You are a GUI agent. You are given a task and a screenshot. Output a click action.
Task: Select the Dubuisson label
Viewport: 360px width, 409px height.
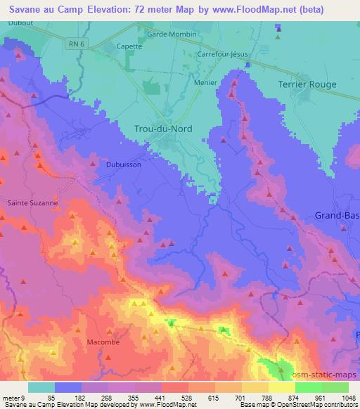[x=125, y=164]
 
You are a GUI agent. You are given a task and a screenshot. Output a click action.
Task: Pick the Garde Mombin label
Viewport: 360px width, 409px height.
[x=172, y=34]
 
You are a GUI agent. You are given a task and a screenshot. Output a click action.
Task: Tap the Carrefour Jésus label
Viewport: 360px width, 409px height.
[x=224, y=54]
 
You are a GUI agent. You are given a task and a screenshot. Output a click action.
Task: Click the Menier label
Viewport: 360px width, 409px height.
[x=205, y=82]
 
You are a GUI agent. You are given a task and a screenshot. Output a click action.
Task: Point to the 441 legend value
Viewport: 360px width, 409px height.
[x=148, y=398]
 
